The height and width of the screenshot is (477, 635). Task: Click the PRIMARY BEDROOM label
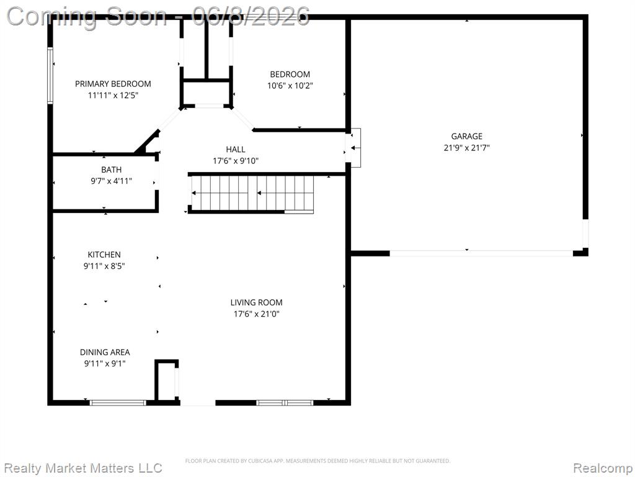(113, 84)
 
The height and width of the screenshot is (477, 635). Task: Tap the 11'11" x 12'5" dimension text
(113, 95)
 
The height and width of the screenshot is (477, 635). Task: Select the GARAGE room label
(466, 136)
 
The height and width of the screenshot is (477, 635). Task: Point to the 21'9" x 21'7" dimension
(466, 148)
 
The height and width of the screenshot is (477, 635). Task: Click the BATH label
(112, 170)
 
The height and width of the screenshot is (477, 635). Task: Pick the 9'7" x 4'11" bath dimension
(112, 181)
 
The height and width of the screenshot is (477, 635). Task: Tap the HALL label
(236, 149)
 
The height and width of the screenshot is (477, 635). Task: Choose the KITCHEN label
(104, 255)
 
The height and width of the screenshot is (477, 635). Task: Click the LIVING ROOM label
(256, 302)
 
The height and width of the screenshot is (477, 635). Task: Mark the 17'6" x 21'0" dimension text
(256, 314)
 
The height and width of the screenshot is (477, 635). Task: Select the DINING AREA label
(105, 353)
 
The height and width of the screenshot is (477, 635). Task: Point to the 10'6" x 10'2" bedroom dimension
(290, 86)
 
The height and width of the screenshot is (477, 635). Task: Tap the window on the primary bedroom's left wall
(50, 75)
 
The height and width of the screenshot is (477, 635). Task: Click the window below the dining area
(117, 402)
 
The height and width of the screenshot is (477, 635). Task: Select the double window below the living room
(285, 402)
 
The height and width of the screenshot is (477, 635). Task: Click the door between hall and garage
(353, 148)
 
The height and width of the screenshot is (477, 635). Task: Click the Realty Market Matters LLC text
(82, 468)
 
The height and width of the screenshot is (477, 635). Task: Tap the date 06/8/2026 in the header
(251, 16)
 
